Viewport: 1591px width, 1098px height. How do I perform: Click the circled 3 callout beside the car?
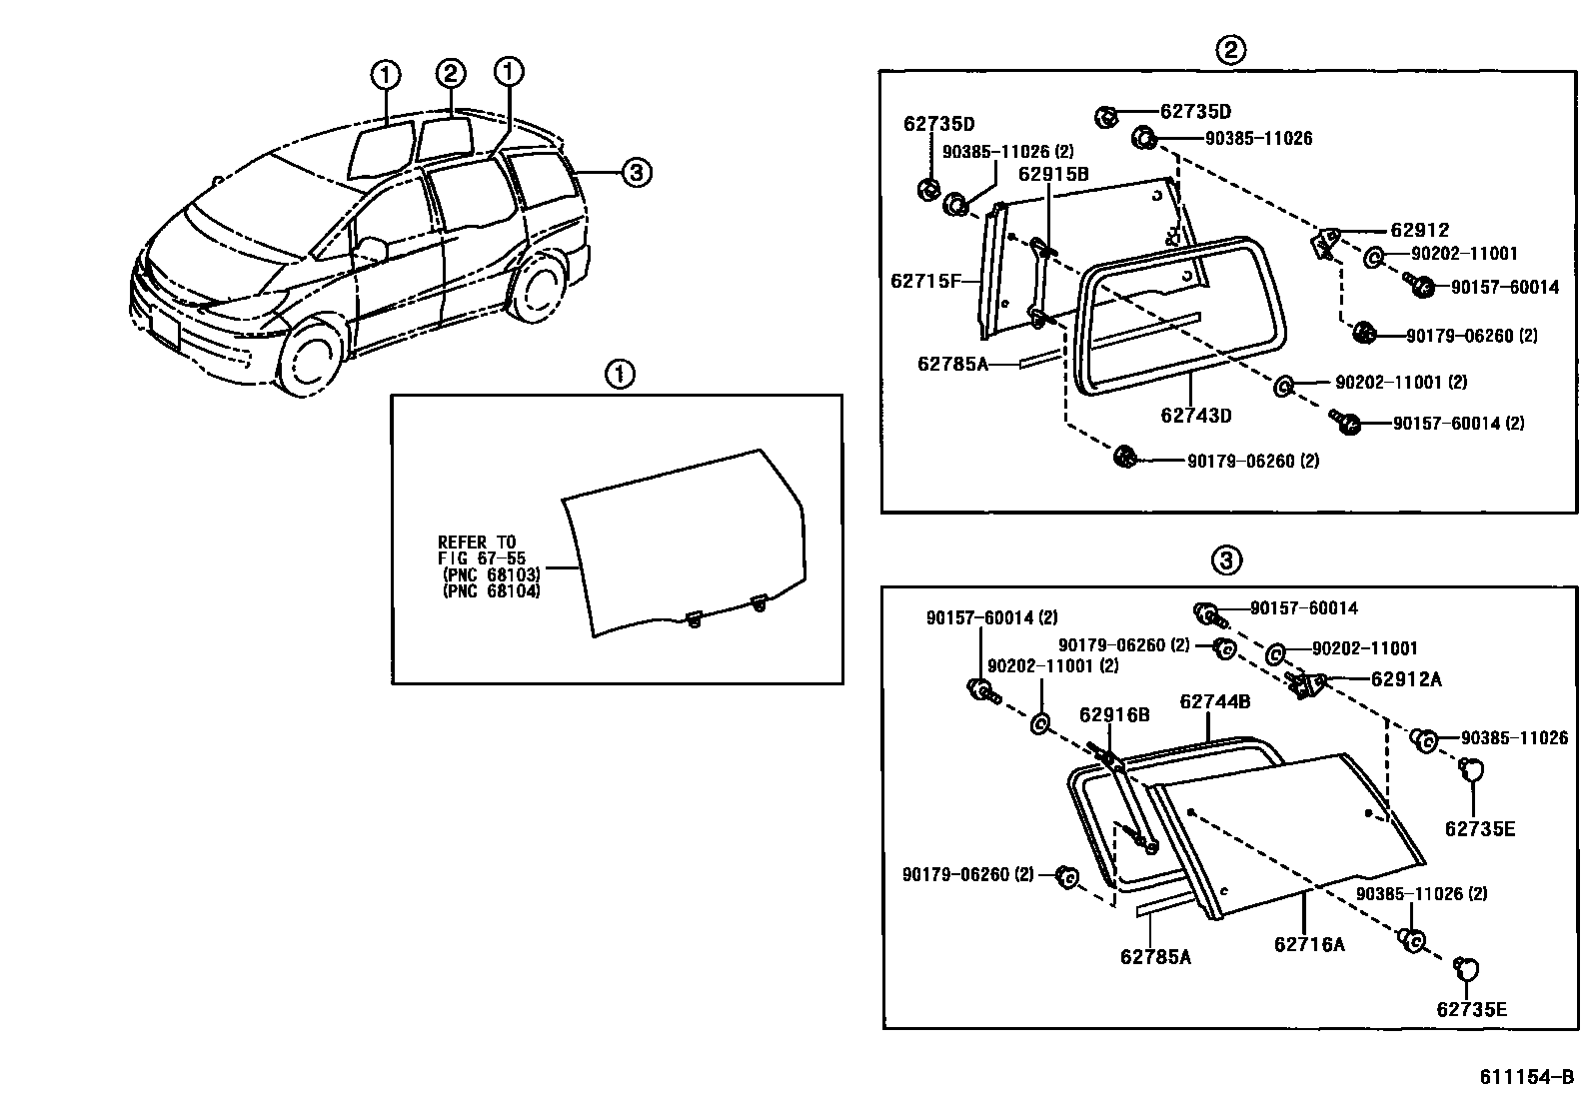click(637, 174)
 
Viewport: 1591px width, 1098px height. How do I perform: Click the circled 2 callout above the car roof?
click(451, 73)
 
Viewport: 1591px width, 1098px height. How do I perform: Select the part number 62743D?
click(1196, 415)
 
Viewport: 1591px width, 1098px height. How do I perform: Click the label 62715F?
click(924, 282)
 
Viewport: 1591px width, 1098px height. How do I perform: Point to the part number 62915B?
click(1053, 174)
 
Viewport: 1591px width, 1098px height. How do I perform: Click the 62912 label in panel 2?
click(1419, 230)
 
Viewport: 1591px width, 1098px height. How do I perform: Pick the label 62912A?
click(1406, 679)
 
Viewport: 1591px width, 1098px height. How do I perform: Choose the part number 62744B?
click(1214, 701)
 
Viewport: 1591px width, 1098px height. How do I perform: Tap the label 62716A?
click(1309, 943)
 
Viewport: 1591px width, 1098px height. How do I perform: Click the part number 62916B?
click(1114, 714)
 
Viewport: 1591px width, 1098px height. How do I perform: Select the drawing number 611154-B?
click(1526, 1078)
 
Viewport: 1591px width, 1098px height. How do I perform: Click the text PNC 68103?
click(491, 575)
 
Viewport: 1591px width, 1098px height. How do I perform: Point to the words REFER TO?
click(477, 543)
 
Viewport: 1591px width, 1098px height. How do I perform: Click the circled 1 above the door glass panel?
click(620, 375)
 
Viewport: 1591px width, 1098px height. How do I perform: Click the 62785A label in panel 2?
click(952, 364)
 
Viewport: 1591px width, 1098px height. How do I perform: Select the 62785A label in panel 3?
click(1155, 956)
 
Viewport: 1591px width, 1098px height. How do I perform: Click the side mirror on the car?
click(372, 248)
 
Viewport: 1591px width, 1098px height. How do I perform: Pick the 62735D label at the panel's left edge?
click(938, 124)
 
